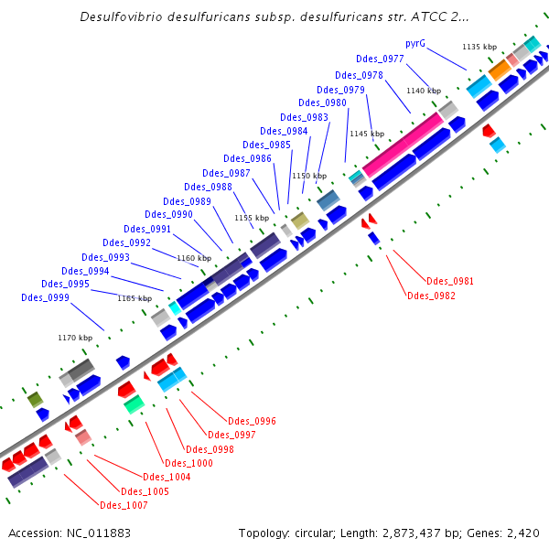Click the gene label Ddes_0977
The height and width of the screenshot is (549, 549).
click(382, 59)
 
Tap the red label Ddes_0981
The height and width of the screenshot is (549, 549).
click(450, 281)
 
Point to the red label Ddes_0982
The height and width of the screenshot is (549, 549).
click(430, 296)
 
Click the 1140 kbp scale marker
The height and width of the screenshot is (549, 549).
click(424, 91)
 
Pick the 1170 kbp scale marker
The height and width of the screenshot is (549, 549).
click(75, 338)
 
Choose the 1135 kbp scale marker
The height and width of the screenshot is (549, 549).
click(479, 47)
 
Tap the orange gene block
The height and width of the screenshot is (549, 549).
click(499, 69)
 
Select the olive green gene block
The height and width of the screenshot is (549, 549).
click(35, 399)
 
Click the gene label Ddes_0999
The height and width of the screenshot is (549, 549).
click(45, 297)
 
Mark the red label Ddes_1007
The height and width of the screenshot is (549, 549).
click(124, 505)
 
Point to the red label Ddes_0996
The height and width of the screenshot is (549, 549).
click(253, 421)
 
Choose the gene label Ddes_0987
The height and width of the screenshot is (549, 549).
click(226, 173)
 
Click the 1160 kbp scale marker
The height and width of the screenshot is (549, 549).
click(194, 258)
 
